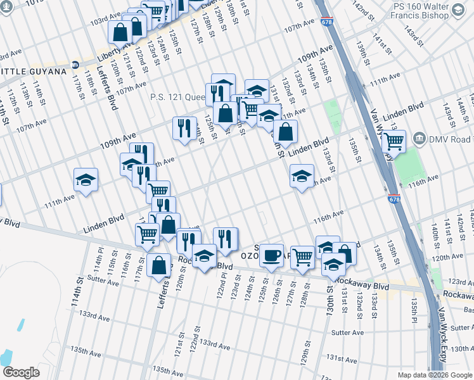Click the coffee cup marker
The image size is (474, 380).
coord(272,255)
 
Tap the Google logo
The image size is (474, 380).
coord(21,372)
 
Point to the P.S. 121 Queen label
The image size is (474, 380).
coord(177,97)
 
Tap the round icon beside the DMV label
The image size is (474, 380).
coord(420,139)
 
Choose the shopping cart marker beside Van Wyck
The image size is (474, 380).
coord(394,142)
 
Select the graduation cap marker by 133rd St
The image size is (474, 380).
coord(302,176)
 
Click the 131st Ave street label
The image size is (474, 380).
coord(342,358)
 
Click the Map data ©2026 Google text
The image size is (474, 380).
coord(434,375)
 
